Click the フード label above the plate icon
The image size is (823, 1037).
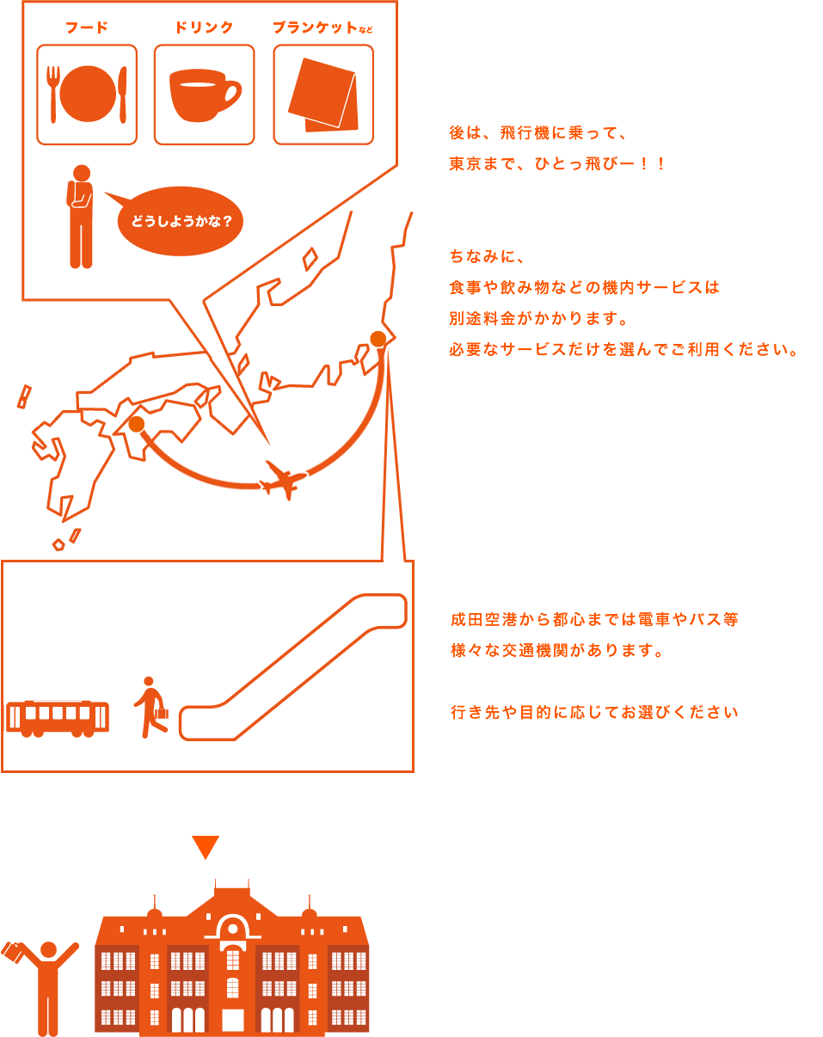pyautogui.click(x=87, y=28)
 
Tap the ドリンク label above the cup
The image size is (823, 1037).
pyautogui.click(x=204, y=28)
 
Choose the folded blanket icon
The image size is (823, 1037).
pyautogui.click(x=322, y=95)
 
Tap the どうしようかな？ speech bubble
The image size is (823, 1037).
pyautogui.click(x=181, y=221)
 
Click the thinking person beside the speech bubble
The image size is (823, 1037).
pyautogui.click(x=81, y=216)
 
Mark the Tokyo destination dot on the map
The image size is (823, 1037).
pyautogui.click(x=378, y=339)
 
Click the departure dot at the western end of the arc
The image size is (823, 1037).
pyautogui.click(x=136, y=424)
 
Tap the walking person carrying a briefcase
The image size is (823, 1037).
pyautogui.click(x=151, y=708)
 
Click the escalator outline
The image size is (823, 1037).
pyautogui.click(x=292, y=666)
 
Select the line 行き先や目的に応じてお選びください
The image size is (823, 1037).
pyautogui.click(x=594, y=712)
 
